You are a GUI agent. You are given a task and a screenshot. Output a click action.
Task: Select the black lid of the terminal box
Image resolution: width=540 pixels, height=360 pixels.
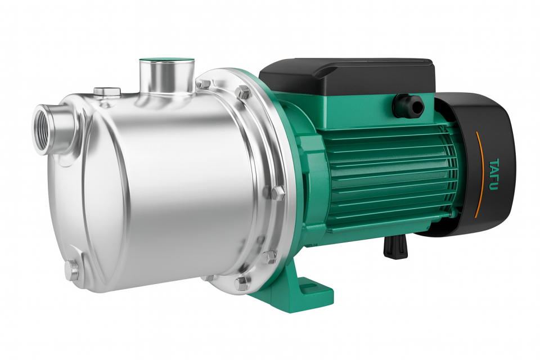[x=349, y=73]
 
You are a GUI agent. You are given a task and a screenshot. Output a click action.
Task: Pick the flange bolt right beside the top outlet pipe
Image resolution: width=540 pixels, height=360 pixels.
[x=202, y=84]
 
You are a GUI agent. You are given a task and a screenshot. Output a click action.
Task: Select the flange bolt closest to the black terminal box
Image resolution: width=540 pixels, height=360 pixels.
[x=243, y=93]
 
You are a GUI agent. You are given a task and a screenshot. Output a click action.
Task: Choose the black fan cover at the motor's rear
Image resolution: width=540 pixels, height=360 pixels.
[x=484, y=163]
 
